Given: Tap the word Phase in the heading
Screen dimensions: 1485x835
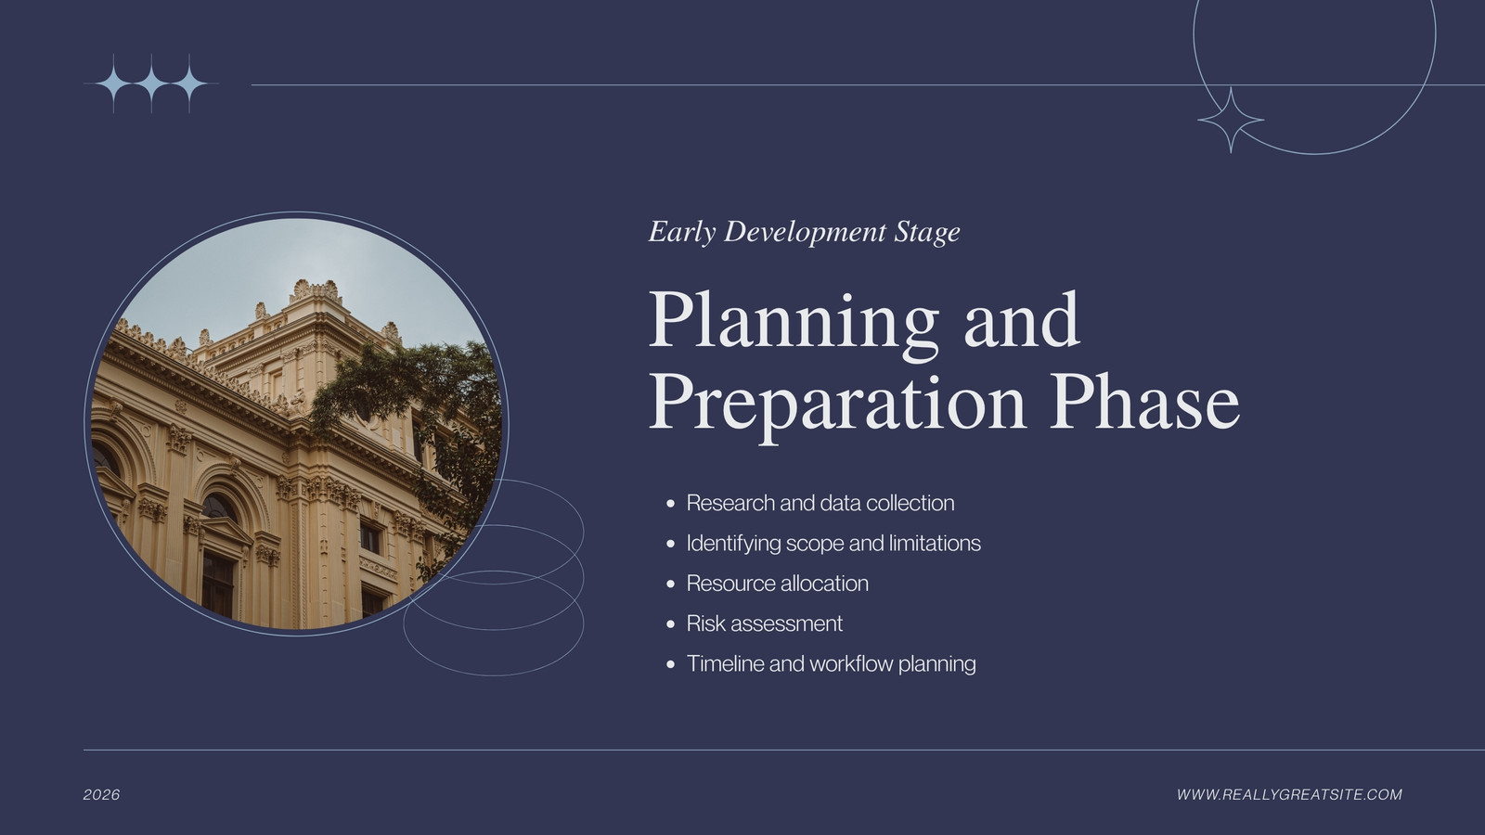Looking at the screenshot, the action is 1145,401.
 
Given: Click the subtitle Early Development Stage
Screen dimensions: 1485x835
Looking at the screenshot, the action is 804,232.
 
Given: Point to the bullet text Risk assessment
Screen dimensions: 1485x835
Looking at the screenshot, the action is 765,623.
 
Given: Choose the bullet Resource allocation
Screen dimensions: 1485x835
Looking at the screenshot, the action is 777,584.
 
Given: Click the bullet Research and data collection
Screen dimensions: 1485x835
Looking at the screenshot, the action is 820,503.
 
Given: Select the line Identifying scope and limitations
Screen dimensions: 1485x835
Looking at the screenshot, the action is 833,544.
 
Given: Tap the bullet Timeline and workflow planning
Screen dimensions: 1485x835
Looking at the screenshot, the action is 831,663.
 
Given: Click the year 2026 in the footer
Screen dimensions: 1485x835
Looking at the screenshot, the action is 101,794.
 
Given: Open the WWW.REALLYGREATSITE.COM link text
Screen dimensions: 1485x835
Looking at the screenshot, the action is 1289,794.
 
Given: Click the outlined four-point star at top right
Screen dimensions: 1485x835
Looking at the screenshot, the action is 1231,121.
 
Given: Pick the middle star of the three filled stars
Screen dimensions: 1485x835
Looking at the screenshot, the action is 152,84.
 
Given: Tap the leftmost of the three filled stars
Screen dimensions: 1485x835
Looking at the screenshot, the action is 114,84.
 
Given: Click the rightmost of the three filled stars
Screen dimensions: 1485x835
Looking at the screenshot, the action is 189,84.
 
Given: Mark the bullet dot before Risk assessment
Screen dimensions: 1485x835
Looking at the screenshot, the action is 670,624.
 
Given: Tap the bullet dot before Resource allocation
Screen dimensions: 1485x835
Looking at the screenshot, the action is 670,584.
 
